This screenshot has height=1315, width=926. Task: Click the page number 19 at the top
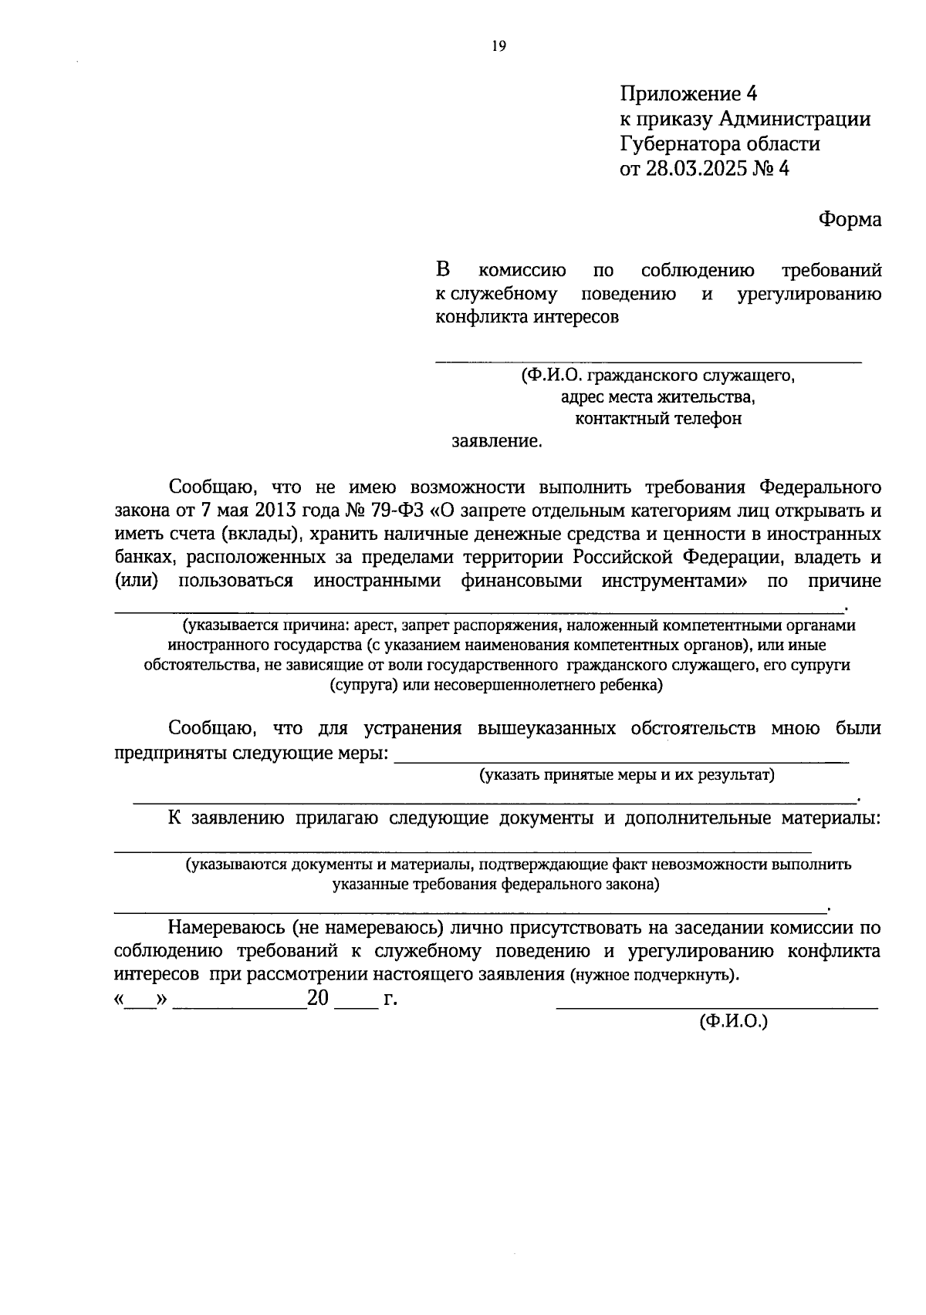(498, 47)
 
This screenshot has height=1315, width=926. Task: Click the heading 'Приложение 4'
(688, 94)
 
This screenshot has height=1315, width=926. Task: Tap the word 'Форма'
(850, 220)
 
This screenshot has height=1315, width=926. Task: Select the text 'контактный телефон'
(658, 419)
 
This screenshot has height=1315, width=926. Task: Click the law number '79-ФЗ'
(401, 511)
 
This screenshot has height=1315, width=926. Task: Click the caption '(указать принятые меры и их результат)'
(627, 775)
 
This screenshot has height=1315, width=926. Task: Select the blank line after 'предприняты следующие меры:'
(621, 760)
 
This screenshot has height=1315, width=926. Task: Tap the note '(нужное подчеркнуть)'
(654, 976)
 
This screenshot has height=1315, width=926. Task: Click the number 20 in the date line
(318, 1000)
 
